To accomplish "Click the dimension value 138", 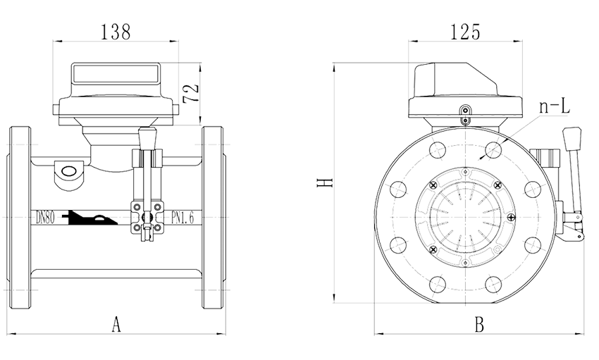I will click(116, 32).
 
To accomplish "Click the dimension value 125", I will click(465, 32).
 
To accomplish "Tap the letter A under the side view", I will click(117, 325).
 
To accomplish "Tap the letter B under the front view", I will click(478, 325).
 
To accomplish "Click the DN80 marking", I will click(45, 216).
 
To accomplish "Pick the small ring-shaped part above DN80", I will click(70, 173).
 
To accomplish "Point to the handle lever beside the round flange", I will click(574, 183).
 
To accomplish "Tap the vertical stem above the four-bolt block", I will click(147, 169).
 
